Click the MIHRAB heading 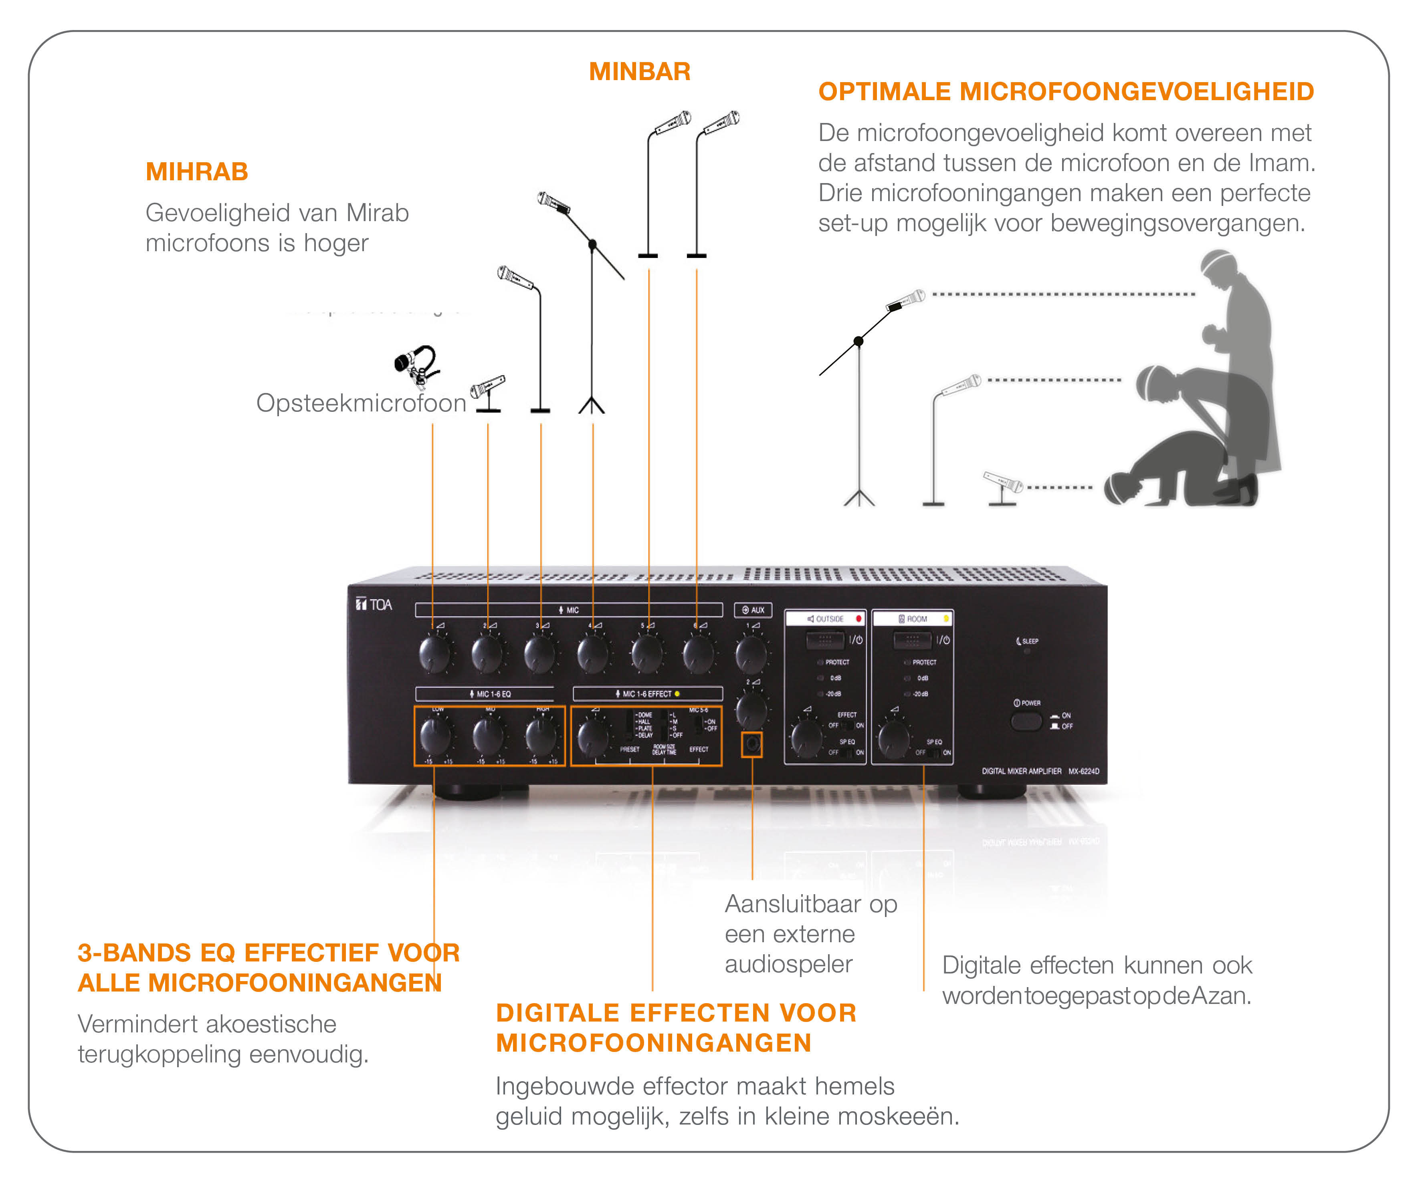[x=197, y=172]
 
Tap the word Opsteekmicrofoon [x=361, y=403]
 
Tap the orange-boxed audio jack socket [x=752, y=745]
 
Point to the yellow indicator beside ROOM [x=945, y=619]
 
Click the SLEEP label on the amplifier [x=1029, y=641]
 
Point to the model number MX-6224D [x=1084, y=771]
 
